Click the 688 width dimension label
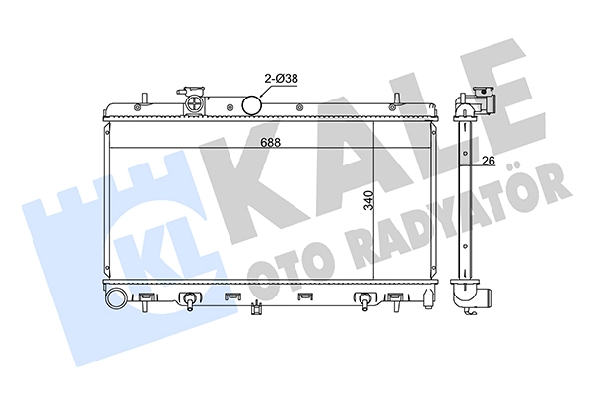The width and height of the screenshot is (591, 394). pos(271,143)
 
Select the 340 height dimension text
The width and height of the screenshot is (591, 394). pos(368,200)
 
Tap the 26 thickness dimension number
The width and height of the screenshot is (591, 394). pos(489,161)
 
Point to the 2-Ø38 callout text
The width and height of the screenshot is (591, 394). pos(281,79)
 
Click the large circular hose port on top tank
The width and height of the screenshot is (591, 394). pos(251,104)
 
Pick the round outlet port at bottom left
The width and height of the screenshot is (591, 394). pos(116,299)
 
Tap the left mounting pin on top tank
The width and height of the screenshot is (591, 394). pos(144,98)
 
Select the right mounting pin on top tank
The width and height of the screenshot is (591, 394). pos(397,98)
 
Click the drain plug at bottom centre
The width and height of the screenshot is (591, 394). pos(256,307)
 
